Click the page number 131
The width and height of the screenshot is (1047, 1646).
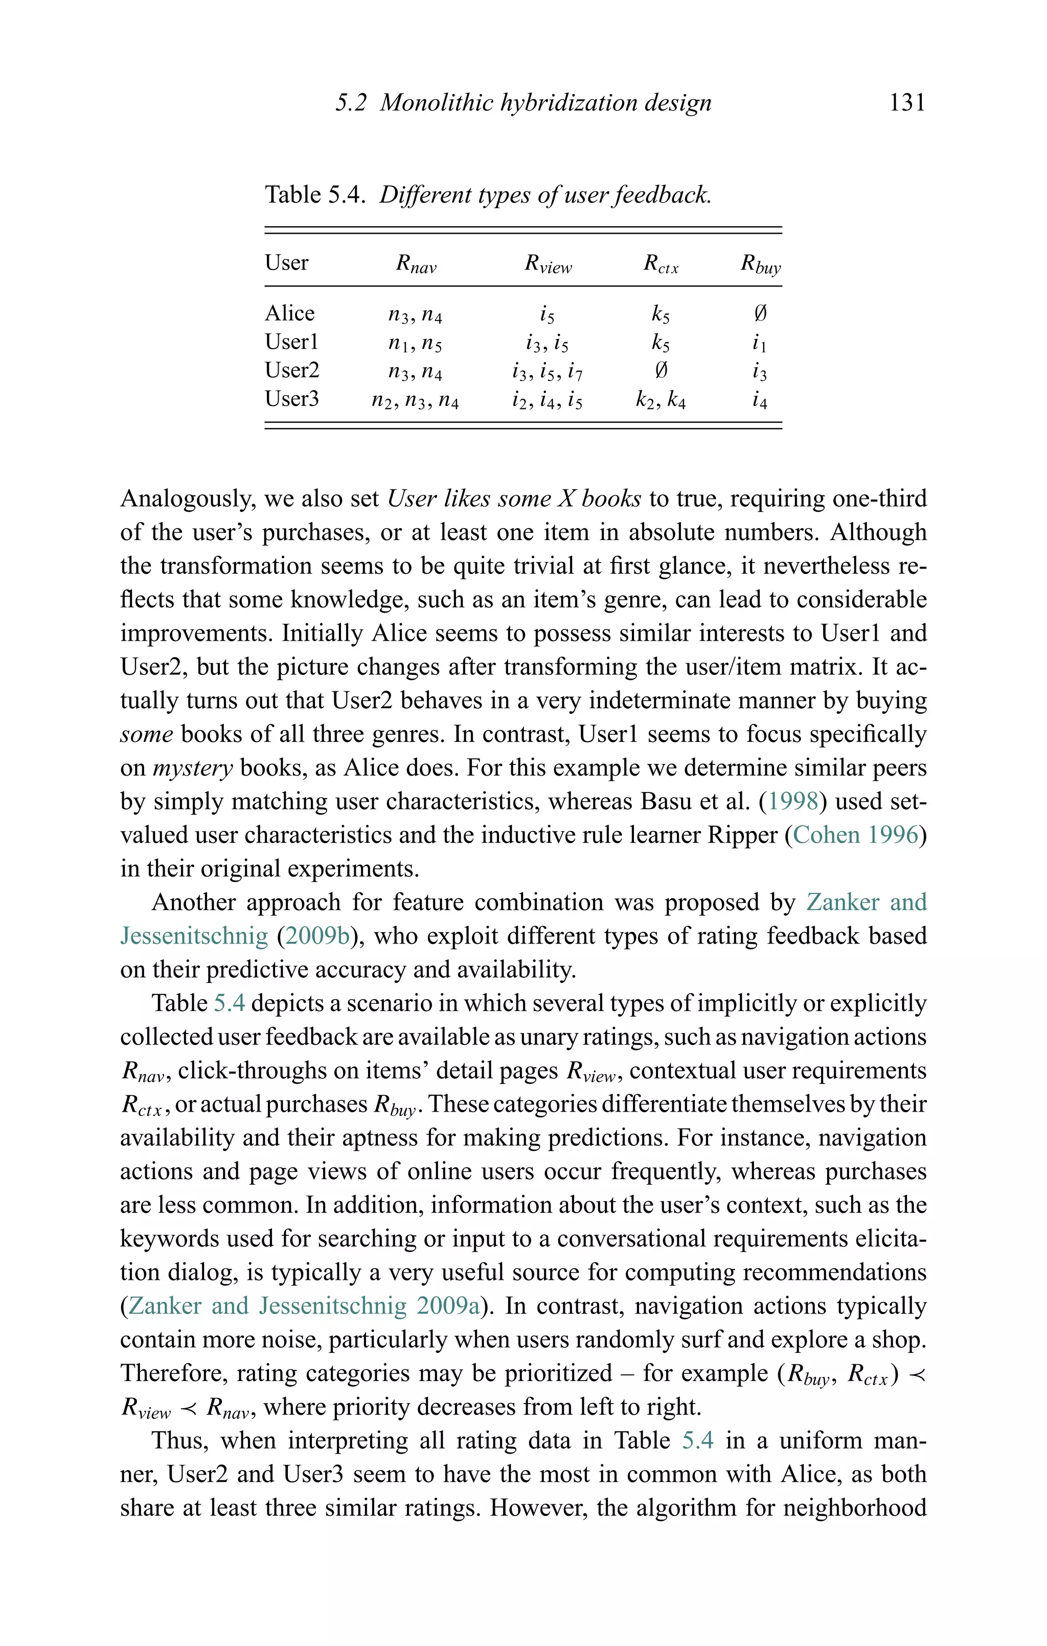click(x=907, y=103)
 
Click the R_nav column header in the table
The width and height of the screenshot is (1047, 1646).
click(x=416, y=264)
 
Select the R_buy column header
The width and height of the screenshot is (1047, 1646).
click(x=760, y=264)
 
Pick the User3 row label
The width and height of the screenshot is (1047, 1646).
click(x=292, y=398)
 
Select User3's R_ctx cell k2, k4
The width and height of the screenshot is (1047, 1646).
click(x=660, y=399)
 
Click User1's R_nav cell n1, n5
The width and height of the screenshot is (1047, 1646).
click(x=415, y=343)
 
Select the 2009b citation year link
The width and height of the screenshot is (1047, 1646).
click(x=316, y=936)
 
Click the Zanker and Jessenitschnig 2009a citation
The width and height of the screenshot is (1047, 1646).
click(x=304, y=1306)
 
